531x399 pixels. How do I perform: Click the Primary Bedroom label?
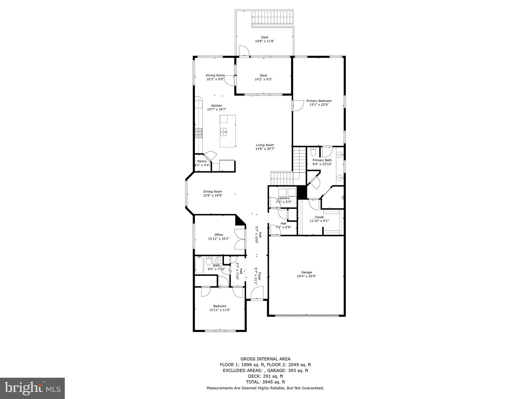pyautogui.click(x=319, y=101)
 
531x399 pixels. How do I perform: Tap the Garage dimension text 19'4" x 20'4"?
pyautogui.click(x=306, y=276)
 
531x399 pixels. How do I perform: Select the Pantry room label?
pyautogui.click(x=202, y=161)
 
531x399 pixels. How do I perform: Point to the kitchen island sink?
pyautogui.click(x=223, y=132)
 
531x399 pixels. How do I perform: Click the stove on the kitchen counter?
pyautogui.click(x=199, y=133)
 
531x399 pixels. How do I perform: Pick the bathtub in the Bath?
pyautogui.click(x=199, y=265)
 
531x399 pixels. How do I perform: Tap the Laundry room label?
pyautogui.click(x=283, y=198)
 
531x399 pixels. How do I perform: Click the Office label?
pyautogui.click(x=219, y=235)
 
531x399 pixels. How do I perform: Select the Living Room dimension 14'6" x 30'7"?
pyautogui.click(x=265, y=149)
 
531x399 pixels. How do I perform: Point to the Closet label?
pyautogui.click(x=319, y=217)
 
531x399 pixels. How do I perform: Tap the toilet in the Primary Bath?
pyautogui.click(x=313, y=151)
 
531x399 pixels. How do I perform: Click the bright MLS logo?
pyautogui.click(x=32, y=388)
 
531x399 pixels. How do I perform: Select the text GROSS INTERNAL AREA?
pyautogui.click(x=265, y=359)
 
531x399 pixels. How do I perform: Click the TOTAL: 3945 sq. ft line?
pyautogui.click(x=265, y=382)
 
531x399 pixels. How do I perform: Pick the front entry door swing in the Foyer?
pyautogui.click(x=257, y=292)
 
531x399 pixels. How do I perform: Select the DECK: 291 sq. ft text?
pyautogui.click(x=265, y=376)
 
